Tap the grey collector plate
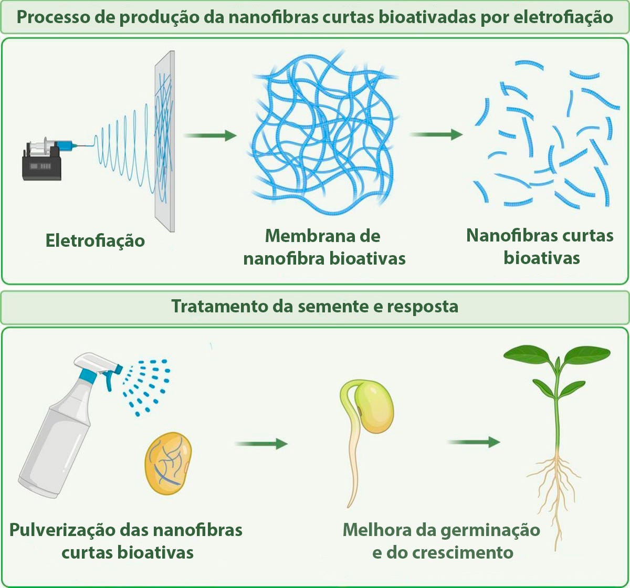pos(164,142)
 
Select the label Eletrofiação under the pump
pos(95,240)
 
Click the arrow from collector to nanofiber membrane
pos(211,136)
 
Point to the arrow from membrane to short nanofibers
pos(436,135)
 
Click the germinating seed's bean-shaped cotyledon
pos(374,407)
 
